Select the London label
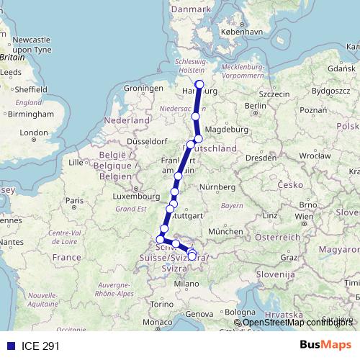tap(33, 132)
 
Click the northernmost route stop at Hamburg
tap(199, 84)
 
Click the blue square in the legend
tap(9, 345)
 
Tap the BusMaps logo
tap(325, 345)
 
